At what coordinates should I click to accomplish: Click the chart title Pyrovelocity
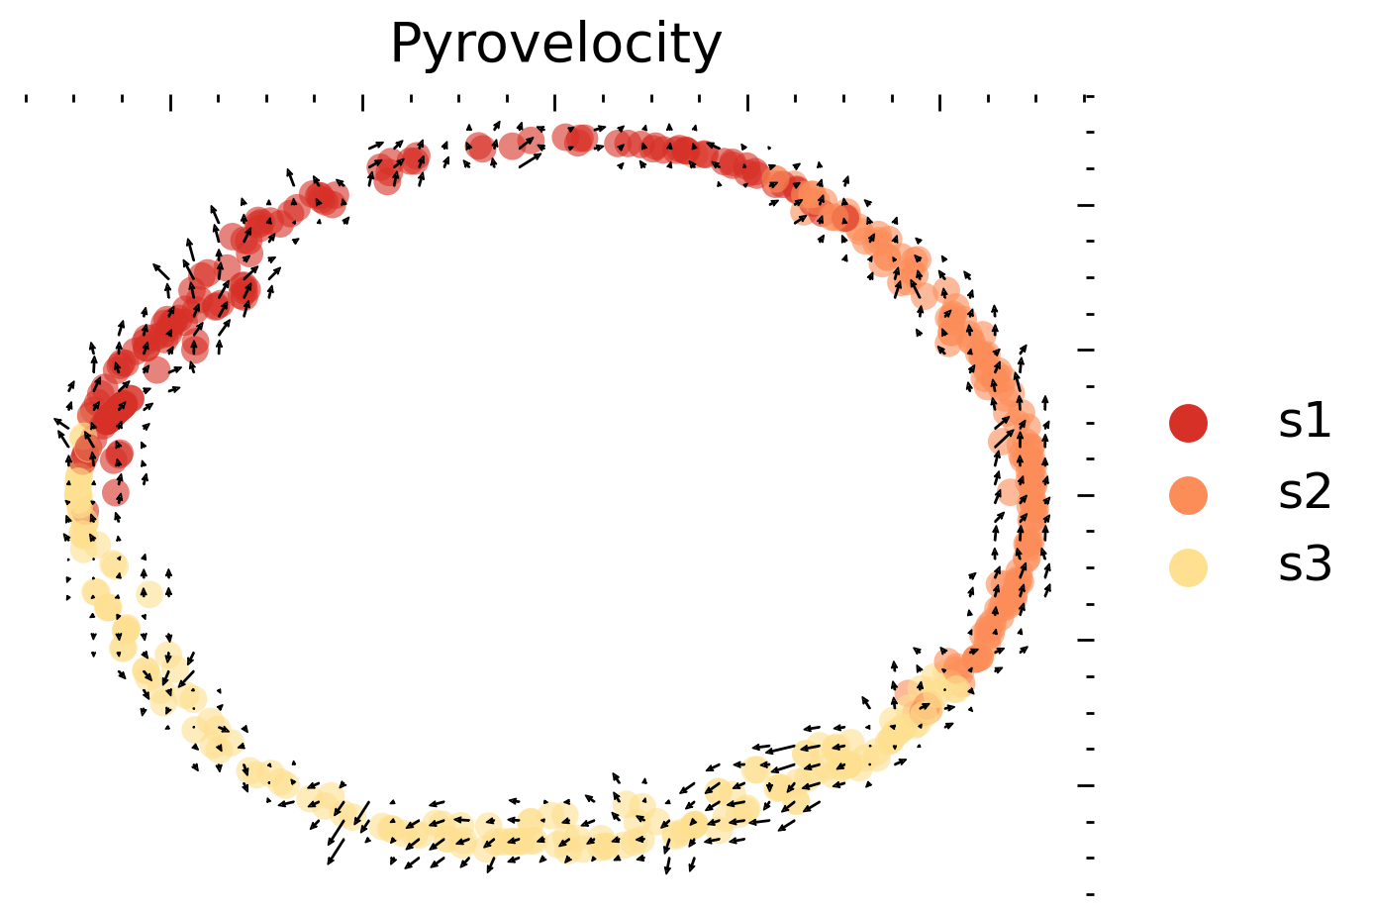555,45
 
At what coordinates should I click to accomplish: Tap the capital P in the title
406,45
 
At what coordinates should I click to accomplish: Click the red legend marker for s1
1188,423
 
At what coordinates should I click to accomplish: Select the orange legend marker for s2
1188,495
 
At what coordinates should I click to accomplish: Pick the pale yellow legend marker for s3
1188,567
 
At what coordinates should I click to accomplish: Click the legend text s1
1304,423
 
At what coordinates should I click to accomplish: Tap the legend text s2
1304,494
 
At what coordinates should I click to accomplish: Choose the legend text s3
1304,566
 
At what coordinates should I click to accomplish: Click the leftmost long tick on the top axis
171,102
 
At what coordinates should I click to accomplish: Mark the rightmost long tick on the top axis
939,102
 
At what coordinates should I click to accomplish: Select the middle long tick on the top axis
555,102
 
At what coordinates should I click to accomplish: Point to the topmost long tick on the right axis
1086,205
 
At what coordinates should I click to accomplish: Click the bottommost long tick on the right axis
1086,785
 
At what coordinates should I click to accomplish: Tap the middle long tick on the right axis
1086,495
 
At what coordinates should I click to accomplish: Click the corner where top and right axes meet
1090,97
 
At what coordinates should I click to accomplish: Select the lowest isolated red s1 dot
116,492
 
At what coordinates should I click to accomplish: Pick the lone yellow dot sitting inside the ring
149,595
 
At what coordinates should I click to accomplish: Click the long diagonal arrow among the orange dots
1005,432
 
